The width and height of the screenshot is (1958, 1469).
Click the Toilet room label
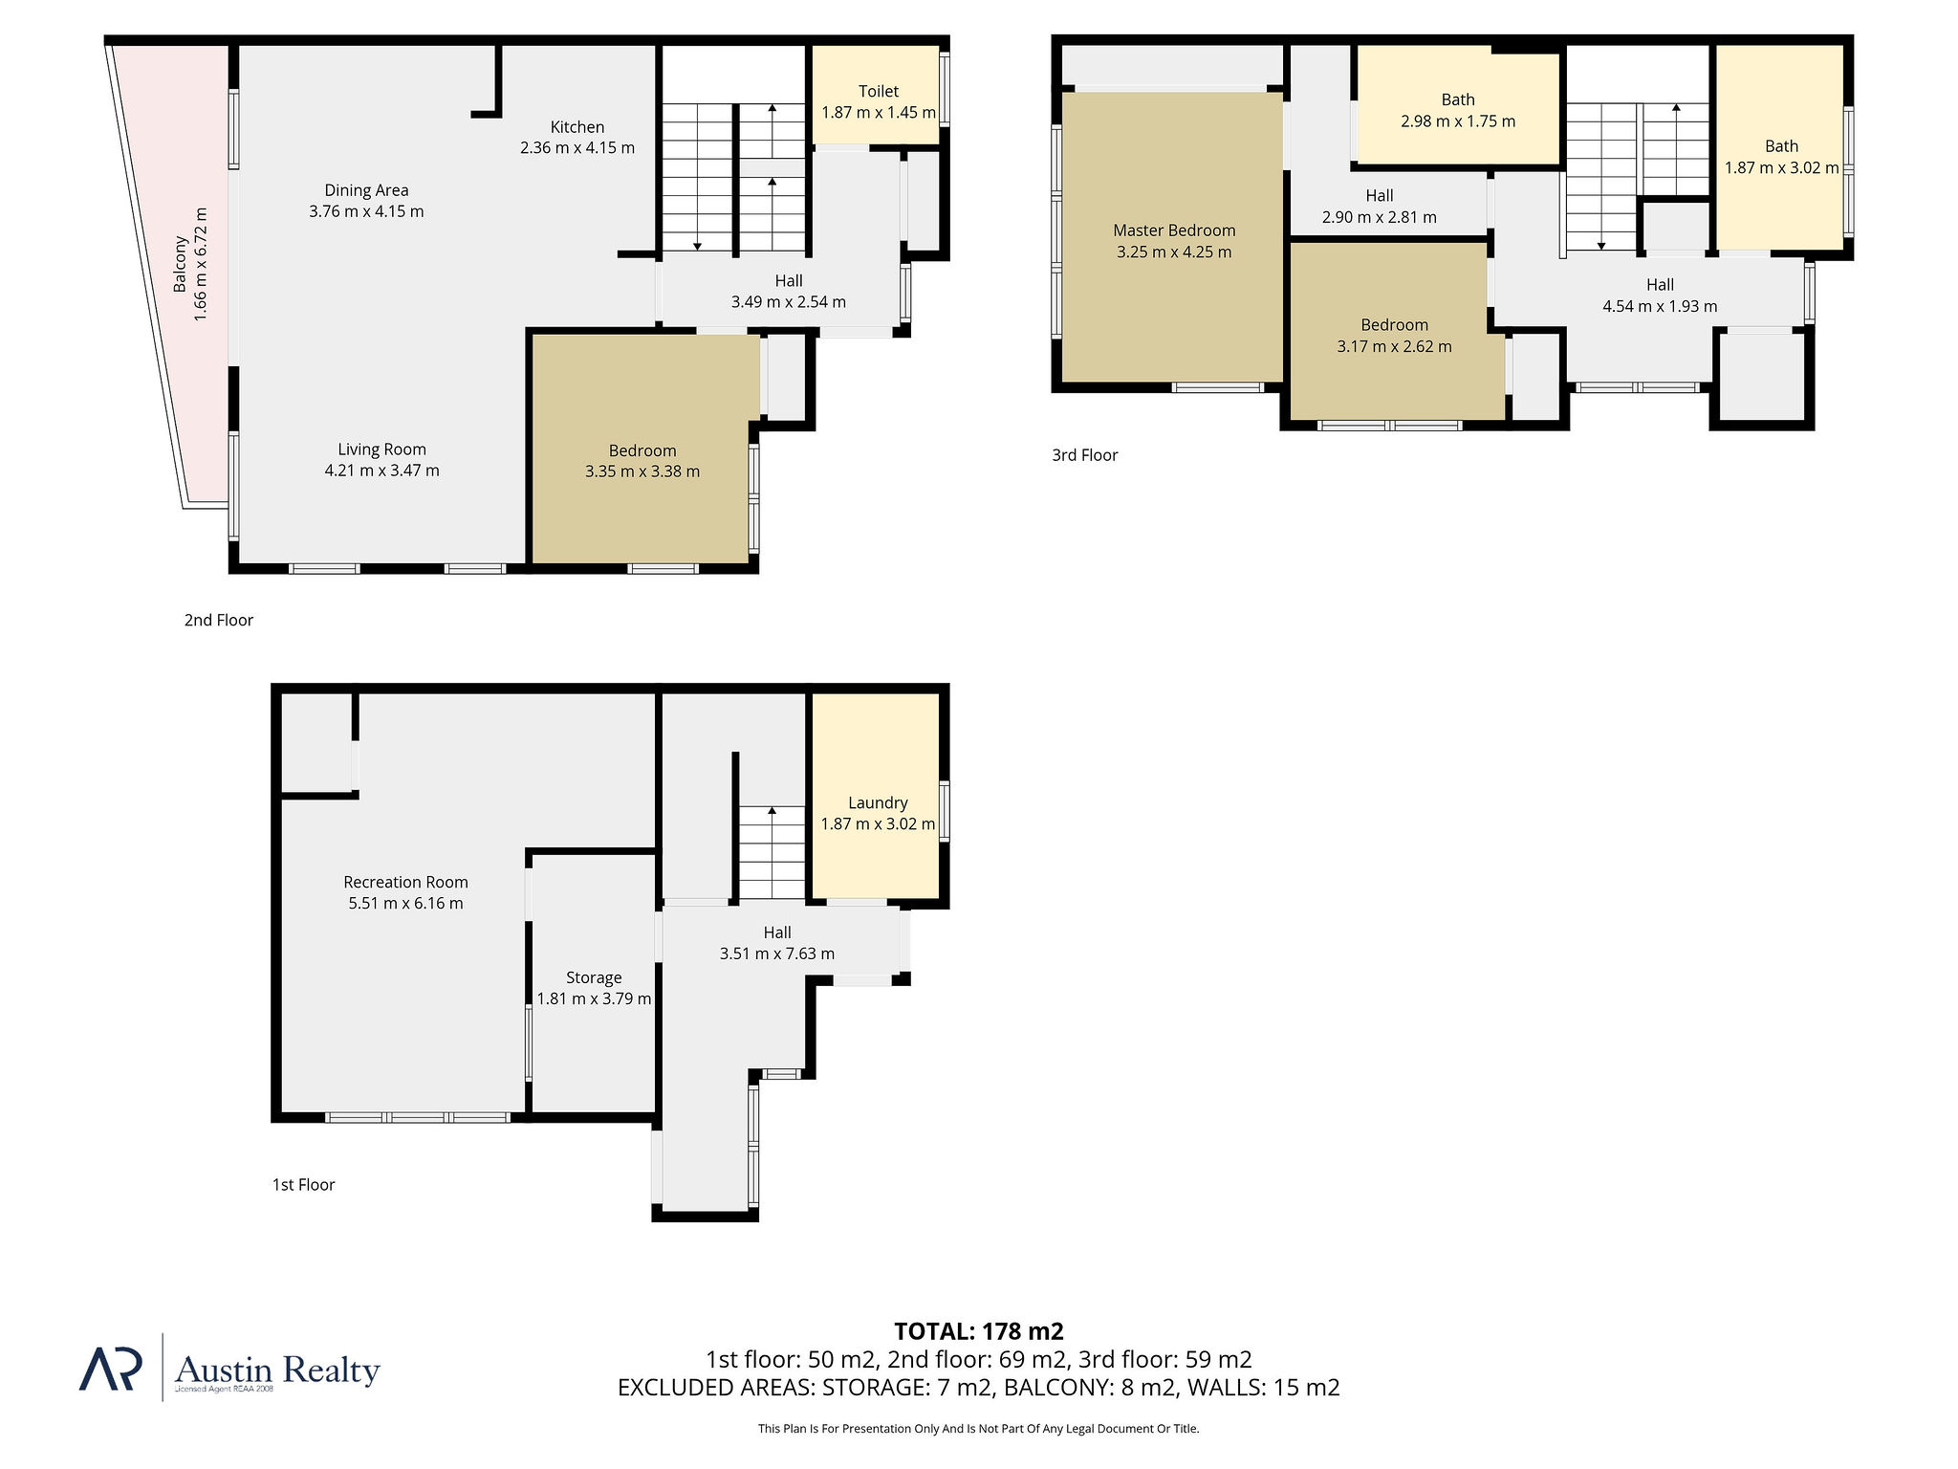(x=879, y=91)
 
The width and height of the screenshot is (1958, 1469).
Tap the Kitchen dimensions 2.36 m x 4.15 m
(x=577, y=148)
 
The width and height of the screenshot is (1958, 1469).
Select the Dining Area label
(x=366, y=190)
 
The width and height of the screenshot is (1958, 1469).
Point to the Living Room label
(x=381, y=449)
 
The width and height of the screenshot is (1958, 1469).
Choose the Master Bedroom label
(x=1174, y=230)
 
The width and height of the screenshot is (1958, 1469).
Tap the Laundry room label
(x=878, y=803)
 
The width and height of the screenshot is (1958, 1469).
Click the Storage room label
(x=594, y=977)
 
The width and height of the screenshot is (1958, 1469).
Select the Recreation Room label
(x=406, y=882)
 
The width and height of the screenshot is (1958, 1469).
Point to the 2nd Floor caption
(x=219, y=620)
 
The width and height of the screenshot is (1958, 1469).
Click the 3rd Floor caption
(x=1085, y=455)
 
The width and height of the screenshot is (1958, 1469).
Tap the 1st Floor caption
(x=304, y=1185)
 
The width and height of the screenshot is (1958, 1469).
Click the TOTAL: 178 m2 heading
(x=979, y=1331)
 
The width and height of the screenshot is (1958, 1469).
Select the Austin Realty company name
(x=278, y=1370)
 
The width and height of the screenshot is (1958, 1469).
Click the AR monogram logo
(x=111, y=1369)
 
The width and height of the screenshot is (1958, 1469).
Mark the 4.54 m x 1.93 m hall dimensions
(x=1660, y=306)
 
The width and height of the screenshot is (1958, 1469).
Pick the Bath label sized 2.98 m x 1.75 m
(x=1458, y=99)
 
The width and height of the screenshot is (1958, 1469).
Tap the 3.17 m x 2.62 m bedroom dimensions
(x=1394, y=346)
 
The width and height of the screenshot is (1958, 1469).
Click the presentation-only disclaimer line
(x=979, y=1429)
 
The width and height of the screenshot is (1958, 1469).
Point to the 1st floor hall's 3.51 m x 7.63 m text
(x=777, y=954)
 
